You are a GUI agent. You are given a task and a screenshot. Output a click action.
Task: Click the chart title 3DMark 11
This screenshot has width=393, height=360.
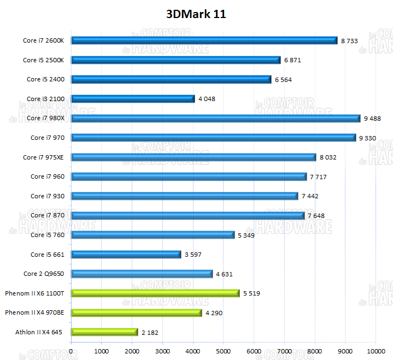[x=196, y=14]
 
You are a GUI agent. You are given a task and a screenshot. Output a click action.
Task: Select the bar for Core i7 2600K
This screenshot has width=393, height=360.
[x=204, y=40]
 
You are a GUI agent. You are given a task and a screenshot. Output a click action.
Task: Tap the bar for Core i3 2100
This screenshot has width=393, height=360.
[x=133, y=99]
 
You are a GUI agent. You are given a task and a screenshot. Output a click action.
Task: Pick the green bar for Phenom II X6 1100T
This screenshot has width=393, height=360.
[x=155, y=293]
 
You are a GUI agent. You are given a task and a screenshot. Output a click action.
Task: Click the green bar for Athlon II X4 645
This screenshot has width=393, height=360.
[x=104, y=332]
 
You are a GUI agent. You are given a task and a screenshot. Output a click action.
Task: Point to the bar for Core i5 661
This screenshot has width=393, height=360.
[x=126, y=255]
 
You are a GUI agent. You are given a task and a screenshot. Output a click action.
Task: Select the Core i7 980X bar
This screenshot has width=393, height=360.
[x=215, y=118]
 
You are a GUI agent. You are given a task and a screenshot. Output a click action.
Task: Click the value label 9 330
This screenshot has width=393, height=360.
[x=367, y=138]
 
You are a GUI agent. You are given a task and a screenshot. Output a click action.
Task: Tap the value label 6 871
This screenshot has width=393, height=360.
[x=292, y=60]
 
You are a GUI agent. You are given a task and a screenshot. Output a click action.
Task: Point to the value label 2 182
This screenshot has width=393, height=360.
[x=150, y=332]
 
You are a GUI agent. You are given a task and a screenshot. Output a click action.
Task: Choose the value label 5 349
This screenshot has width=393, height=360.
[x=247, y=235]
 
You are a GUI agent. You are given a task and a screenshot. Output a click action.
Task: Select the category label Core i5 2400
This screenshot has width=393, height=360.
[x=45, y=79]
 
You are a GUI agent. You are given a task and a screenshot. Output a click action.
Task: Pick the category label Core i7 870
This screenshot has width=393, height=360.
[x=48, y=215]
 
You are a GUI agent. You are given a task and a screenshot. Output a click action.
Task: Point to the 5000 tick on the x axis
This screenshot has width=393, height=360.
[x=224, y=351]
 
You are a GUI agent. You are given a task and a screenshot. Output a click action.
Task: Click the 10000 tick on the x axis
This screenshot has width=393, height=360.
[x=375, y=351]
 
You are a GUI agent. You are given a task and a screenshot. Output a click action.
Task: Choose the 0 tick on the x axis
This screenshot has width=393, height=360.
[x=72, y=351]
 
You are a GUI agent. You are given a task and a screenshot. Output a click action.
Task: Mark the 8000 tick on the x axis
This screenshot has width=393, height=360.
[x=314, y=351]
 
